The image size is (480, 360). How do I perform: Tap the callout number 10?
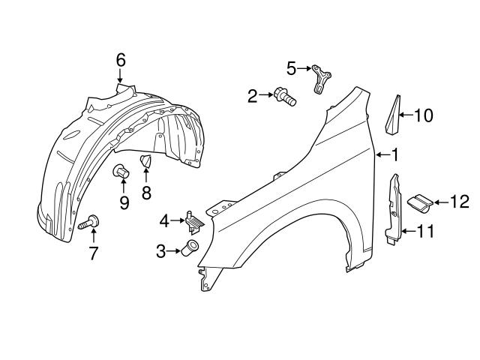coord(424,115)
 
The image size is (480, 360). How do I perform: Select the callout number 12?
coord(459,201)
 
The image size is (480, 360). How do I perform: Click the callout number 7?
coord(93,253)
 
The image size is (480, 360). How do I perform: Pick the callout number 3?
coord(161,252)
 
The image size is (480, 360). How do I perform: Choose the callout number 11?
coord(425,232)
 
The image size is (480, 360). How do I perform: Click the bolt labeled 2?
coord(285,96)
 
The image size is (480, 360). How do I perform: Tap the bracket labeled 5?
coord(322,78)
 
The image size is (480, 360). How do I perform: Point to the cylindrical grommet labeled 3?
coord(190,250)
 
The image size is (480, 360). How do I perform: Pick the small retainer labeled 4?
coord(194,220)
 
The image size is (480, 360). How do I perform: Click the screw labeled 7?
coord(90,222)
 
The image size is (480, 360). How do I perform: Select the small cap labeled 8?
coord(145,162)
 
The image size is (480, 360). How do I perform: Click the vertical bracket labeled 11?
coord(394,212)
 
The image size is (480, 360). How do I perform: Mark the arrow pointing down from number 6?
coord(121,76)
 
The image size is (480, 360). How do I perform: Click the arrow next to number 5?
coord(305,69)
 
